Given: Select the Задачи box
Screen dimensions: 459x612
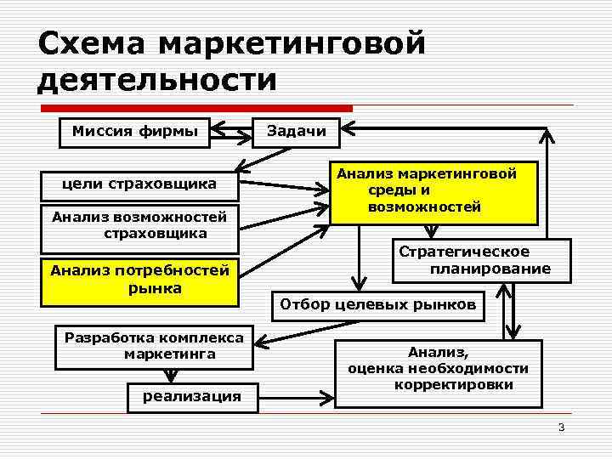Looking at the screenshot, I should tap(297, 131).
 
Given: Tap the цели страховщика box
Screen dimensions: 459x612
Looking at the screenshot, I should tap(140, 184).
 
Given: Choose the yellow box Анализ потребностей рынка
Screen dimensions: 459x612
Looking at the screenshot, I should tap(140, 280).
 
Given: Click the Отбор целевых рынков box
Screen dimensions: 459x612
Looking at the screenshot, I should tap(377, 304).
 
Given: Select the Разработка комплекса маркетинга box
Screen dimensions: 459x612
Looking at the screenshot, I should tap(154, 346).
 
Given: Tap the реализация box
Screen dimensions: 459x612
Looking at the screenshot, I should tap(191, 396).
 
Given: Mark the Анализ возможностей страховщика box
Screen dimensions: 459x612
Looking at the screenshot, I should tap(140, 225).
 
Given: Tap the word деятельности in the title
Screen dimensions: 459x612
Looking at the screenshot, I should tap(157, 81).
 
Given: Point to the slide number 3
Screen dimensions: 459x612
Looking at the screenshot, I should tap(561, 427).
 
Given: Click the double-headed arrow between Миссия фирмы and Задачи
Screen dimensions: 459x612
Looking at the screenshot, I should tap(230, 132).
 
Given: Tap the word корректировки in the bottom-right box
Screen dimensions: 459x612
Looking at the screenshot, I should tap(453, 385).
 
